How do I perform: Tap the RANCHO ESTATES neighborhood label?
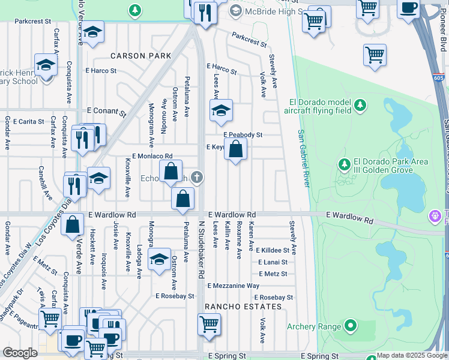pos(243,307)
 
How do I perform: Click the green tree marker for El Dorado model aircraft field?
pos(360,106)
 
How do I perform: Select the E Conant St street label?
pos(106,111)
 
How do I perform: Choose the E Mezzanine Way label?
pos(234,286)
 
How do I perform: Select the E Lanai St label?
pos(273,262)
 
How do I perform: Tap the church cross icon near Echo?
pos(197,176)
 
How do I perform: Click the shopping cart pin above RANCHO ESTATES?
pos(209,324)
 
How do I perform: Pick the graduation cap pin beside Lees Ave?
pos(221,110)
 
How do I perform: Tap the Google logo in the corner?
pos(20,353)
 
